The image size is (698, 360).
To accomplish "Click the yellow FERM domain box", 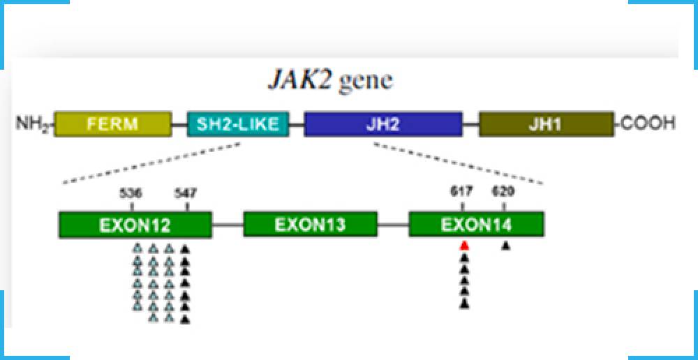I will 112,124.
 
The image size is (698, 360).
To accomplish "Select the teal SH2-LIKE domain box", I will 237,124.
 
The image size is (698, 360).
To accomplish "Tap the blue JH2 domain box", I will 383,124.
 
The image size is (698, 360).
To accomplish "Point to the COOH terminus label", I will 648,124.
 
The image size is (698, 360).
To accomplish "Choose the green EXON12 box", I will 135,225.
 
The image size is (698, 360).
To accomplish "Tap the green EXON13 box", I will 310,225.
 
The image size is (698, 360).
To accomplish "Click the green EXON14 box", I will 476,225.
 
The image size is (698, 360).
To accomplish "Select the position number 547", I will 185,194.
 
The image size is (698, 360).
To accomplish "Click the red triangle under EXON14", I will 464,246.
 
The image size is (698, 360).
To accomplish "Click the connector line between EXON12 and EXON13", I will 228,225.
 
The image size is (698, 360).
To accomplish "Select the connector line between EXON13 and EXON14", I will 393,225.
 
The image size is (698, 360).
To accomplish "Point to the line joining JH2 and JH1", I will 470,125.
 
